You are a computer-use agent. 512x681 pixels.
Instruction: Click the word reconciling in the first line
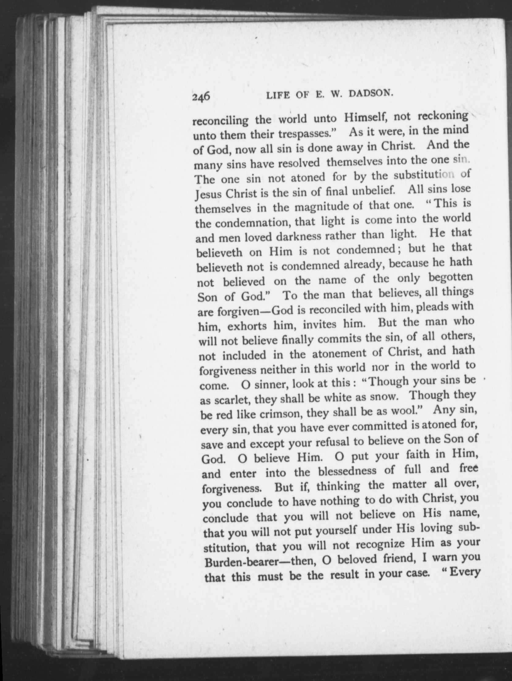point(220,120)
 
